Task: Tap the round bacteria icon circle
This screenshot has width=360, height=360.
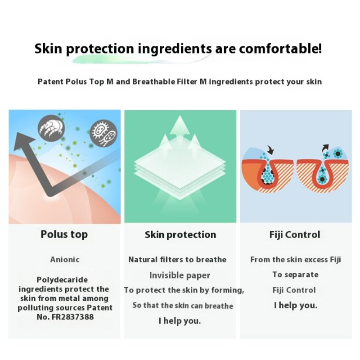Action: pos(103,133)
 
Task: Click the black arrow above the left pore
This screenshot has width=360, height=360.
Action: pos(270,149)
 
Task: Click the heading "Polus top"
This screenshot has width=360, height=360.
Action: pos(64,234)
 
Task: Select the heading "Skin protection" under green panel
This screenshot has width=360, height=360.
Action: pos(180,234)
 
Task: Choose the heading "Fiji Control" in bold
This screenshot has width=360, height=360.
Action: pos(294,234)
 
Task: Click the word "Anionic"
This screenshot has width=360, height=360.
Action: pos(64,259)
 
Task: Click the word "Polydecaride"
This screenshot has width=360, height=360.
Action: pos(62,280)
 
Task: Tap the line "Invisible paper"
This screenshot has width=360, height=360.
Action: pos(180,275)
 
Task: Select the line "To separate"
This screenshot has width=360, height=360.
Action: pos(295,274)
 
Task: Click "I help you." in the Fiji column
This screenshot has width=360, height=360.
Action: pos(295,306)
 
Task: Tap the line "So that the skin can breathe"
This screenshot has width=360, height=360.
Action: pos(182,306)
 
